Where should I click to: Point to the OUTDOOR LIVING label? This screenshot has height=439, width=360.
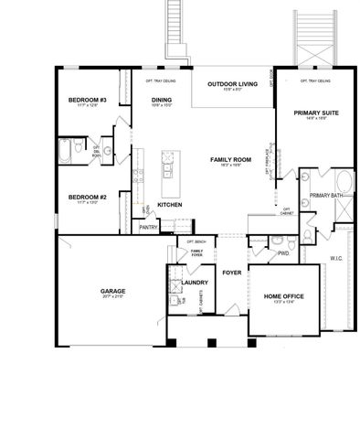(232, 84)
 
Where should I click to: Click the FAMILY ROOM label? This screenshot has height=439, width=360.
(225, 160)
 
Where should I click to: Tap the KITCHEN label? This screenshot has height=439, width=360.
(170, 205)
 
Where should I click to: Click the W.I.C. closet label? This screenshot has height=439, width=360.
(335, 259)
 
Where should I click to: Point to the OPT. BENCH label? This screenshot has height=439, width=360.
(195, 242)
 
